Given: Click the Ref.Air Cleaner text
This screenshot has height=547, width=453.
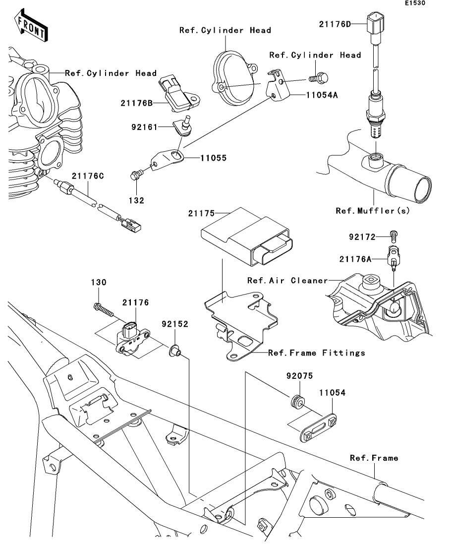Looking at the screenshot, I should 287,281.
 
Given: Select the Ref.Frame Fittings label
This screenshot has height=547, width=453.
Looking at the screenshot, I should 316,353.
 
